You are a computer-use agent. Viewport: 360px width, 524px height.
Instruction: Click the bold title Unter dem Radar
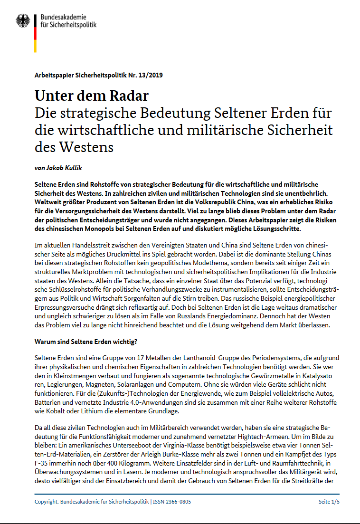(92, 95)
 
